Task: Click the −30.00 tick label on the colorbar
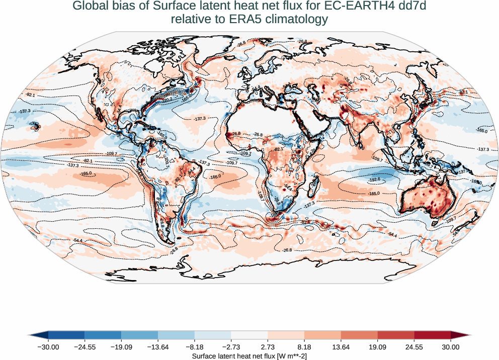pos(48,347)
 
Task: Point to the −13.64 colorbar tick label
pos(158,347)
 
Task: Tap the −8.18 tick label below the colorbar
pos(194,347)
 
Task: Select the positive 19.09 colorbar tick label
pos(377,347)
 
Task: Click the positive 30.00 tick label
pos(451,347)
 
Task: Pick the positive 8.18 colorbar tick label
pos(304,347)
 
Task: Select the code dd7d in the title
pos(408,7)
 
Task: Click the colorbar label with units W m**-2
pos(249,356)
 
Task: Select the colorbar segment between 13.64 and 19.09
pos(359,335)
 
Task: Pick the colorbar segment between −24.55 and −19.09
pos(103,335)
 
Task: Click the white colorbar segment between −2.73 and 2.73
pos(249,335)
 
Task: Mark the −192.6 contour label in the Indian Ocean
pos(374,179)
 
